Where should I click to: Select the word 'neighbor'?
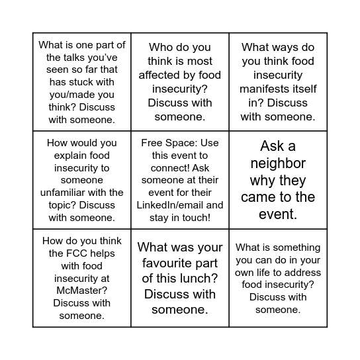point(278,163)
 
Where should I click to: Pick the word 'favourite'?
point(161,263)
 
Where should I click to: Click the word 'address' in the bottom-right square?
point(304,272)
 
